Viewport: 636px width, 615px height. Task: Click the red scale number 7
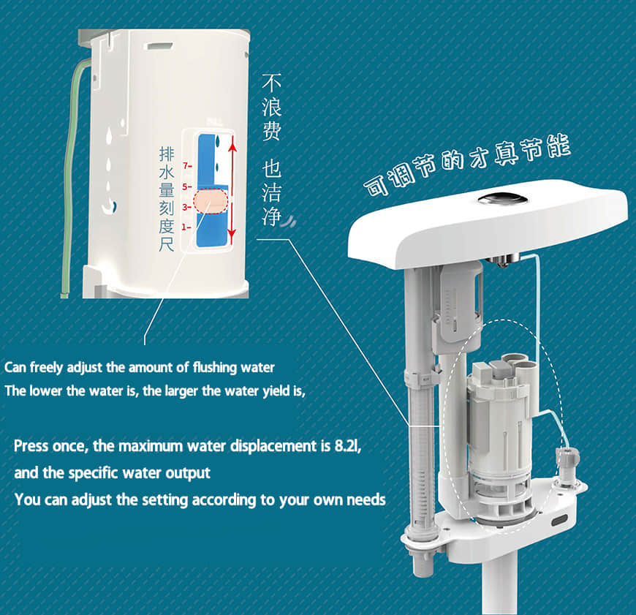pyautogui.click(x=186, y=165)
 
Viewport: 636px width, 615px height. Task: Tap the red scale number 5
pyautogui.click(x=185, y=186)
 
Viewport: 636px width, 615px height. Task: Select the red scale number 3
pyautogui.click(x=185, y=207)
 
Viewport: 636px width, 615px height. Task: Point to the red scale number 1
pyautogui.click(x=184, y=227)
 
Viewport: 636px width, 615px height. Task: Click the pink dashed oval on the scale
pyautogui.click(x=210, y=201)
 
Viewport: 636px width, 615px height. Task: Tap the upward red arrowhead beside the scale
pyautogui.click(x=232, y=143)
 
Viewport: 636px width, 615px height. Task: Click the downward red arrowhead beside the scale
pyautogui.click(x=232, y=236)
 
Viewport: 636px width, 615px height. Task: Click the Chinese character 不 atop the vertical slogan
pyautogui.click(x=271, y=83)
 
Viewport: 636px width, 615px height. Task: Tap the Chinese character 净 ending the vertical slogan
pyautogui.click(x=271, y=216)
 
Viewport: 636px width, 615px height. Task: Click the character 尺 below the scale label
pyautogui.click(x=166, y=245)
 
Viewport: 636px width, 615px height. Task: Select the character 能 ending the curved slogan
pyautogui.click(x=559, y=146)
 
